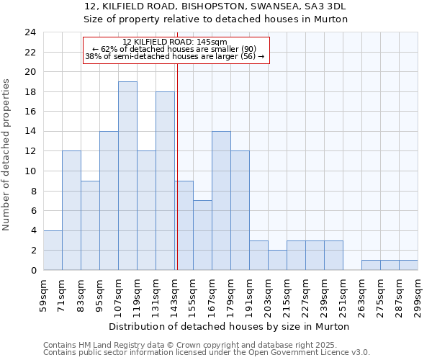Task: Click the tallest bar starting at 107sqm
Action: [127, 176]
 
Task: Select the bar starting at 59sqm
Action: [53, 250]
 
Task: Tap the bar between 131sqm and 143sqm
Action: [165, 181]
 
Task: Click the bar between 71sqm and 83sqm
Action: [71, 210]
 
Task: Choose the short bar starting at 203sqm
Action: [277, 260]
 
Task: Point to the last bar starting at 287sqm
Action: [408, 265]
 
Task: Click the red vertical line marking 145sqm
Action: [177, 158]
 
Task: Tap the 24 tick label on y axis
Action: [30, 32]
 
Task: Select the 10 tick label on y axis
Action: [30, 171]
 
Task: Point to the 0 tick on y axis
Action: [33, 270]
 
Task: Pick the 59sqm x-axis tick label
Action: [43, 294]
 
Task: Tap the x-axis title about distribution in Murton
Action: [230, 326]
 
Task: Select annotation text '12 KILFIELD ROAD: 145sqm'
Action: [175, 42]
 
